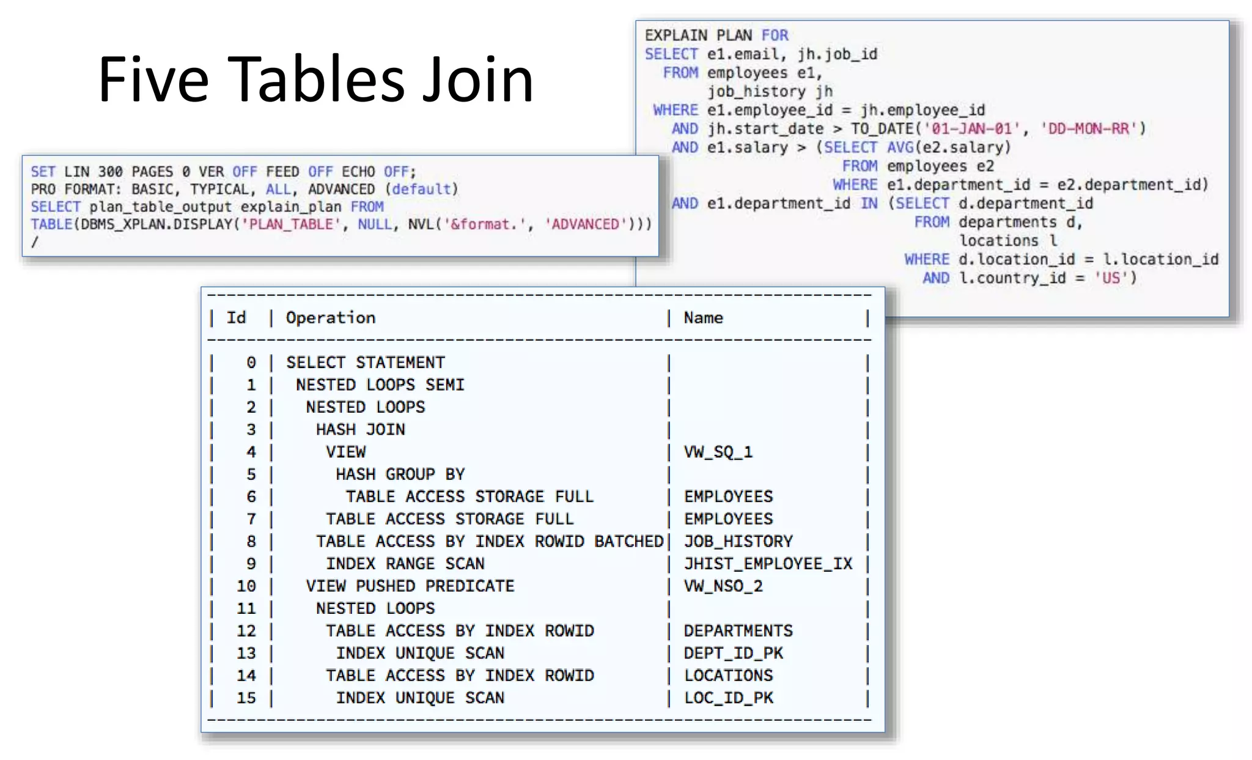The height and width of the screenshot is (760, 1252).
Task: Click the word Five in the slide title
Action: pyautogui.click(x=153, y=79)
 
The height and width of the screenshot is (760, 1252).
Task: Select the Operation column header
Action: pyautogui.click(x=331, y=318)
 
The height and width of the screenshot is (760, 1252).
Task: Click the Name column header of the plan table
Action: pyautogui.click(x=703, y=318)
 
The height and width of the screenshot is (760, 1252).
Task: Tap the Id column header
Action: pyautogui.click(x=236, y=318)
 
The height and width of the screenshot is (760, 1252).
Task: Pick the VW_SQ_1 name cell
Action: pyautogui.click(x=718, y=452)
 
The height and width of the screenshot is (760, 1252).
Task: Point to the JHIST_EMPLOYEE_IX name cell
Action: pyautogui.click(x=768, y=564)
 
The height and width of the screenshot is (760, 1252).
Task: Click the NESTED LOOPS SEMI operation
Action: pyautogui.click(x=380, y=385)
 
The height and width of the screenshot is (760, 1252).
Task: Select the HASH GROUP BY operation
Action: pyautogui.click(x=400, y=474)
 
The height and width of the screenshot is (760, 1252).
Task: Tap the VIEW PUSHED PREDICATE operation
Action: pyautogui.click(x=410, y=586)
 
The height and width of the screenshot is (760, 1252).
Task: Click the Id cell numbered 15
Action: pyautogui.click(x=246, y=698)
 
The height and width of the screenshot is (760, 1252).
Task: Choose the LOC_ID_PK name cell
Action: pyautogui.click(x=729, y=698)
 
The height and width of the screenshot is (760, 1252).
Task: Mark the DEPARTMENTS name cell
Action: pyautogui.click(x=738, y=631)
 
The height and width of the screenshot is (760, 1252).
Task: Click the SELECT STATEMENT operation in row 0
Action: pyautogui.click(x=366, y=363)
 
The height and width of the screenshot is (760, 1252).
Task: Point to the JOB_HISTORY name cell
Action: pyautogui.click(x=738, y=542)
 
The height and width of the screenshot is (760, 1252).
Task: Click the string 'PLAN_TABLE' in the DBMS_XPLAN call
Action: pyautogui.click(x=291, y=224)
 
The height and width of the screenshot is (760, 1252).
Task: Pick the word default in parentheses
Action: pyautogui.click(x=421, y=189)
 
